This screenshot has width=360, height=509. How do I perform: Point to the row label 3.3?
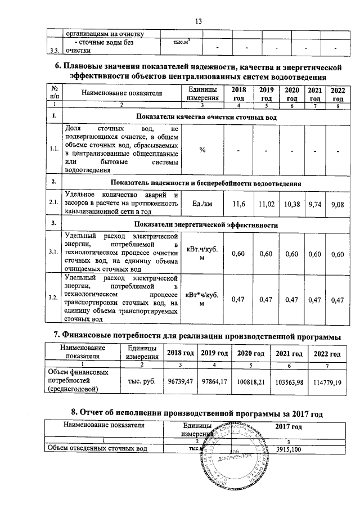[55, 51]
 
